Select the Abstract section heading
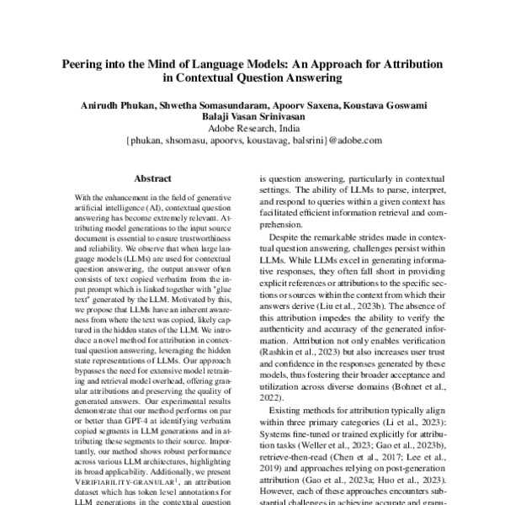click(x=153, y=178)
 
